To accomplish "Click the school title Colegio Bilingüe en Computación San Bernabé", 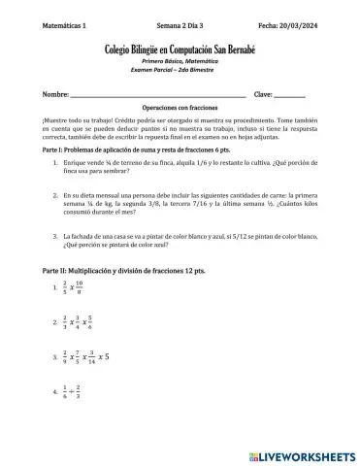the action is coord(180,48).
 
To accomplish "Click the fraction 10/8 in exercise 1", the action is coord(91,287).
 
